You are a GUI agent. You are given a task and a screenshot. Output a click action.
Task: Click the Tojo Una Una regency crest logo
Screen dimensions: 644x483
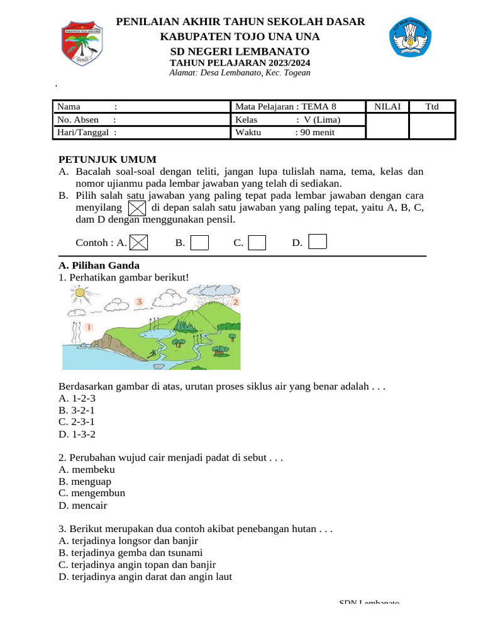[82, 44]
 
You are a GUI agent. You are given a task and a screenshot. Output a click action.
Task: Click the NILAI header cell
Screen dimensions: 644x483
[387, 106]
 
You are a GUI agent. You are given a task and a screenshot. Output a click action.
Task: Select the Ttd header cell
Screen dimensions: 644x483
[432, 106]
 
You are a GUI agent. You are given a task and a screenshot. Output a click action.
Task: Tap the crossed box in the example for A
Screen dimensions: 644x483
[139, 242]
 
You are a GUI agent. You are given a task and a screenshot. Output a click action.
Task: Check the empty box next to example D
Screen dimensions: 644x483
[318, 241]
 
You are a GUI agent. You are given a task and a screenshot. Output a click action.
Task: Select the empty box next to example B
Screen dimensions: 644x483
[199, 242]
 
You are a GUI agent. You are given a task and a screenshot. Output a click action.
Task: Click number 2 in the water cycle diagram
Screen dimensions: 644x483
[235, 302]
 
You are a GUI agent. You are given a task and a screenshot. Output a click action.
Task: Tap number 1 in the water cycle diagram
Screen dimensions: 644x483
[89, 327]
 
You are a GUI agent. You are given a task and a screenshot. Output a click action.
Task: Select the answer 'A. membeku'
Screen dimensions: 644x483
[87, 470]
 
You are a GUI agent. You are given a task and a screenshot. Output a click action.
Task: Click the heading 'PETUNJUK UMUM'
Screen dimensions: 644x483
[108, 160]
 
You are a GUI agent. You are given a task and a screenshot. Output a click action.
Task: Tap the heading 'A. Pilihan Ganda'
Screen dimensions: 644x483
[99, 265]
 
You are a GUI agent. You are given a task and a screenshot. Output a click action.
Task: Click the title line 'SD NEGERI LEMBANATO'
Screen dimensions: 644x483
[240, 51]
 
